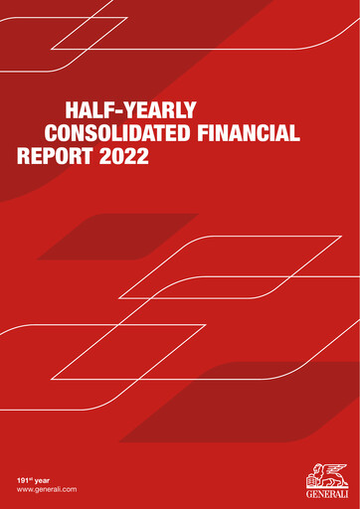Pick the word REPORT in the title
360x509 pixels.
click(x=56, y=157)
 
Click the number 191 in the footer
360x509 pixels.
click(x=23, y=480)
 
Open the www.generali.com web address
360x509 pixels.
click(x=47, y=491)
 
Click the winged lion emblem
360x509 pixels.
click(x=326, y=473)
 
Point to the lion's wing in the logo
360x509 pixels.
click(x=335, y=468)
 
